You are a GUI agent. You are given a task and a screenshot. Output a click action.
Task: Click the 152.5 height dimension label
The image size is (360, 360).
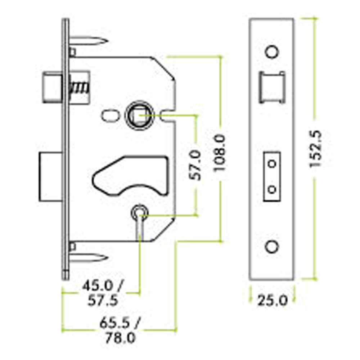pos(316,149)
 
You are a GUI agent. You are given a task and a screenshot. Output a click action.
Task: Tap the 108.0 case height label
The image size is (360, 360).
pos(220,153)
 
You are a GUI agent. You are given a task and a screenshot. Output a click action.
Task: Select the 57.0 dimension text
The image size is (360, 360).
pos(195,165)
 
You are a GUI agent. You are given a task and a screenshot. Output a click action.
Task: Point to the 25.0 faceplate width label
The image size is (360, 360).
pos(272,301)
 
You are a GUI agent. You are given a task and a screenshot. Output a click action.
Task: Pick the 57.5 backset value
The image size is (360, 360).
pos(103,300)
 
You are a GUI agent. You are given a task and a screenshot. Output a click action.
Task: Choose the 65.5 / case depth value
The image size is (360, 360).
pos(120,323)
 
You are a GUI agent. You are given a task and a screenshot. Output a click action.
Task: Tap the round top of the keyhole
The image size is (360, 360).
pos(139,212)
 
